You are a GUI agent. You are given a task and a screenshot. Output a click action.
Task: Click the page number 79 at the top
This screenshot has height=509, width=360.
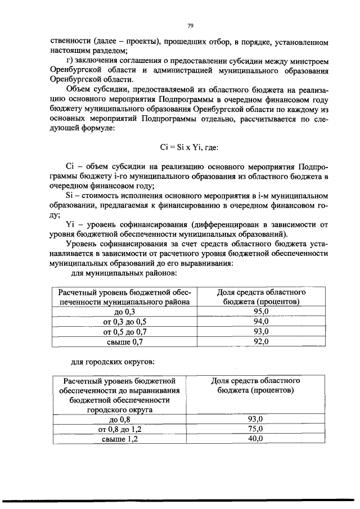(x=190, y=25)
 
